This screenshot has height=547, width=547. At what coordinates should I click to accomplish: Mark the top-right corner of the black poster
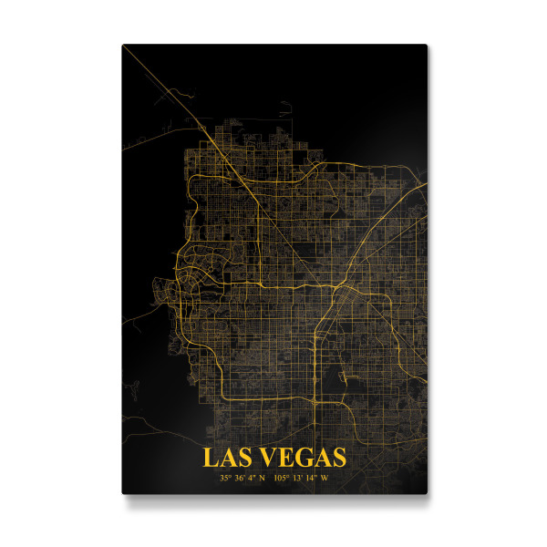click(427, 45)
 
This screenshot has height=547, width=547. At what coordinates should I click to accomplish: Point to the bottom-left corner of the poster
click(123, 492)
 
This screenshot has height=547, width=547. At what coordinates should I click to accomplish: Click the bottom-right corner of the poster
click(427, 492)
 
